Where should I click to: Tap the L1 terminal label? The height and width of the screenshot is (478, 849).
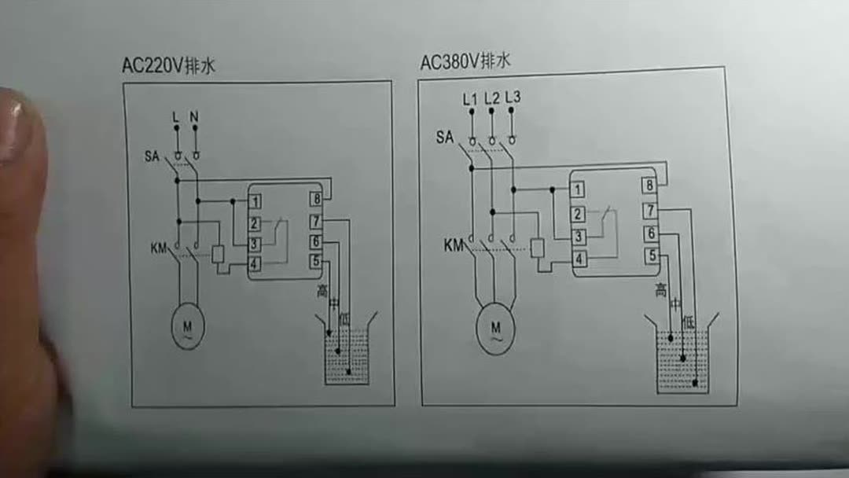tap(470, 99)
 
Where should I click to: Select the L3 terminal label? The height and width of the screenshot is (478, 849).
tap(513, 98)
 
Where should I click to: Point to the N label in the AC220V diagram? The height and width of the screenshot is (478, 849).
tap(194, 118)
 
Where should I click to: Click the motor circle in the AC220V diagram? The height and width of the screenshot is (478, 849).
tap(188, 327)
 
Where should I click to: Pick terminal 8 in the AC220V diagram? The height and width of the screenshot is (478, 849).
tap(316, 200)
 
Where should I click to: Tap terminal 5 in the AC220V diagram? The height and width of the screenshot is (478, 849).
tap(316, 262)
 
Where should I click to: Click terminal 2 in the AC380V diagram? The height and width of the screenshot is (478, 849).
tap(578, 213)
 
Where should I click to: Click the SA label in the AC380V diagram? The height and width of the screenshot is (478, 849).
tap(445, 138)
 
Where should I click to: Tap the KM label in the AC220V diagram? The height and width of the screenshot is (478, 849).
tap(159, 249)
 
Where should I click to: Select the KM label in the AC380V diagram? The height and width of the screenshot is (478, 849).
tap(454, 245)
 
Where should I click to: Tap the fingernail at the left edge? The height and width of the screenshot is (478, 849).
tap(14, 126)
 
